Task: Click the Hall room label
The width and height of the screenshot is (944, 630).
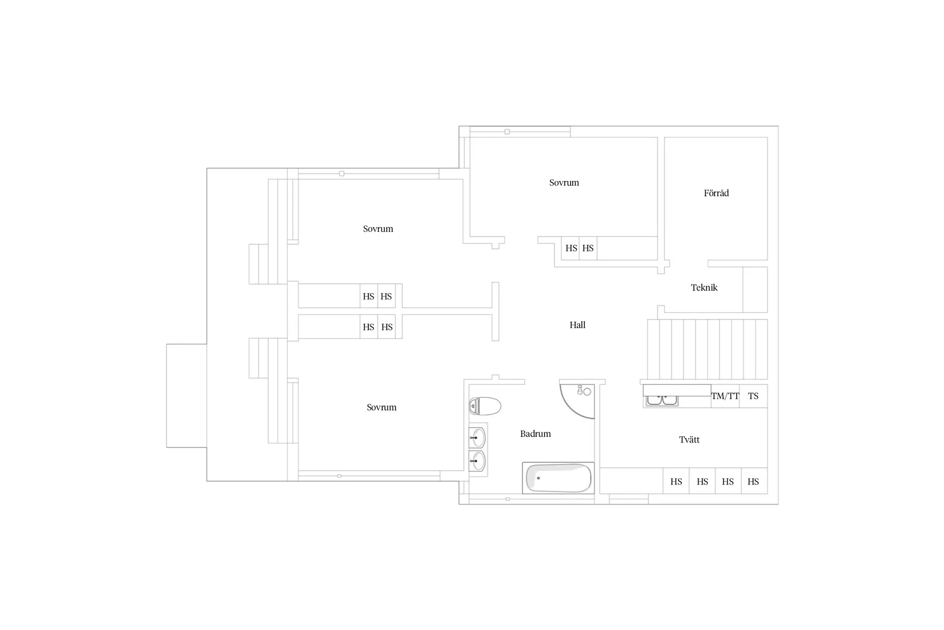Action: point(577,325)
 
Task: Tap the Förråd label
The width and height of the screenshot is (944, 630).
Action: point(716,193)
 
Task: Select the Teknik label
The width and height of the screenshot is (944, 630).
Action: point(704,288)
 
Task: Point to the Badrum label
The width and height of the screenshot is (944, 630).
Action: point(535,434)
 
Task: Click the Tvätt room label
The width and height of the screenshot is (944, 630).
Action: point(689,440)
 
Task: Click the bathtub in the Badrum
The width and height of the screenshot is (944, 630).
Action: point(558,478)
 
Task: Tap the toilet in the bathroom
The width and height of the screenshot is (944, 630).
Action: point(485,406)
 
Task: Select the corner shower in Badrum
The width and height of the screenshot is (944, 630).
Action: point(577,401)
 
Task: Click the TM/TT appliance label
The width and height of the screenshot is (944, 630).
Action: point(725,396)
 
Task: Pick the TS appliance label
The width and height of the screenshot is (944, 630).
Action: point(753,396)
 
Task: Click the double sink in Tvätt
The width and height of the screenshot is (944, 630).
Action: point(662,400)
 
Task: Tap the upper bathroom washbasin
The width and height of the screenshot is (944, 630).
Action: point(478,438)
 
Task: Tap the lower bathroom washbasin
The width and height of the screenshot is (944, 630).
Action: point(478,461)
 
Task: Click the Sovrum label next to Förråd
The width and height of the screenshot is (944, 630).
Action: point(564,183)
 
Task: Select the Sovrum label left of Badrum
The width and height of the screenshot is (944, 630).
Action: point(382,407)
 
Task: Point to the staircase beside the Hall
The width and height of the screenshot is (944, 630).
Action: point(707,349)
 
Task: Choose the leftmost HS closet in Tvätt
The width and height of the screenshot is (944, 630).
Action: point(676,481)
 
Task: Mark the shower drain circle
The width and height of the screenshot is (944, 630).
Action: point(587,392)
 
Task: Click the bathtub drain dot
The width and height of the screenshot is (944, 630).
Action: point(538,478)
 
